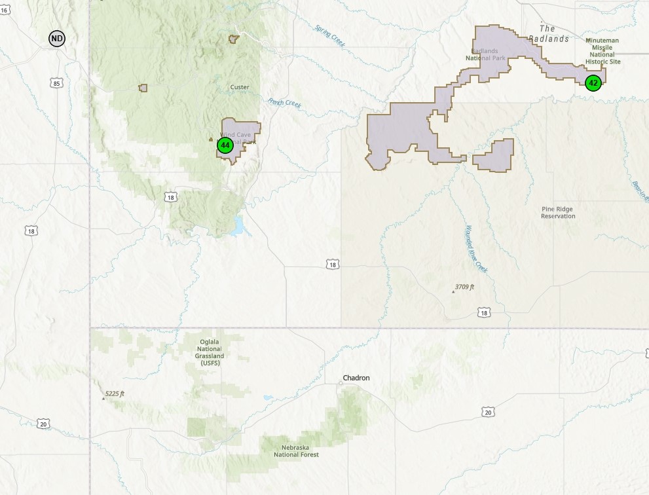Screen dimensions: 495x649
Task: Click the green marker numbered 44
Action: (x=225, y=145)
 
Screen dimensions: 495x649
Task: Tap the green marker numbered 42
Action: (x=593, y=82)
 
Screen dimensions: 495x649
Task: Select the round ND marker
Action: (x=57, y=39)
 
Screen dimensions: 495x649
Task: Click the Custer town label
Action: (x=240, y=87)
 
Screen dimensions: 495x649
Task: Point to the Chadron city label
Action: (x=356, y=378)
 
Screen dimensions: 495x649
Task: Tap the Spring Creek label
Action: (x=329, y=36)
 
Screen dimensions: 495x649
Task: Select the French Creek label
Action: (x=284, y=103)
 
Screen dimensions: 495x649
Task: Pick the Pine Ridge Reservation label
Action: (x=558, y=213)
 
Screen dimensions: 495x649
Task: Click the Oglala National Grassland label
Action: (x=210, y=352)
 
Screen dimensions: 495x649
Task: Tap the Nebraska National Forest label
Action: (x=296, y=450)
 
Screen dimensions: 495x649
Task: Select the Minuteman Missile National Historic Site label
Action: (x=603, y=51)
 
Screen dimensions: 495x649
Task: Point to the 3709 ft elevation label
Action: (x=464, y=287)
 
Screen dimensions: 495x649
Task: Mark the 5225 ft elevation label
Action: (x=114, y=394)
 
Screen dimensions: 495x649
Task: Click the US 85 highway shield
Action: (x=56, y=83)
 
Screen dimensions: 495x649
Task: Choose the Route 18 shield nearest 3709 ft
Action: (x=484, y=313)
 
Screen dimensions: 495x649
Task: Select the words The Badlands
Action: (x=547, y=33)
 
